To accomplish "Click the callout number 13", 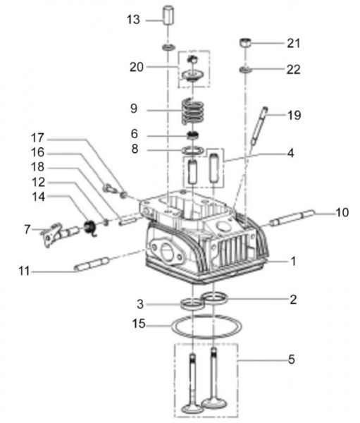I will tap(134, 20).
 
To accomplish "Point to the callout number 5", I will tap(290, 359).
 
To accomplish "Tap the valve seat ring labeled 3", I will tap(190, 304).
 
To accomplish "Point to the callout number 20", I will tap(137, 67).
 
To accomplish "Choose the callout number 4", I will tap(290, 152).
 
